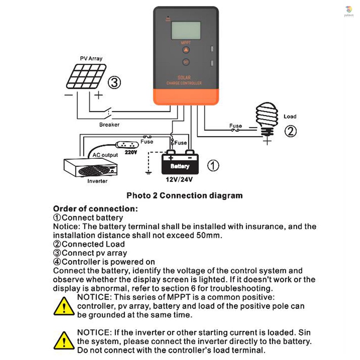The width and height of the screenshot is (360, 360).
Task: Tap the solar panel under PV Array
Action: click(x=86, y=76)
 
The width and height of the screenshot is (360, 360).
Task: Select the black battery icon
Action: click(x=180, y=163)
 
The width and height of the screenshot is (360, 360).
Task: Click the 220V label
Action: click(x=130, y=152)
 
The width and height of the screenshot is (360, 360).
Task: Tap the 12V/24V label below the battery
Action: click(x=180, y=180)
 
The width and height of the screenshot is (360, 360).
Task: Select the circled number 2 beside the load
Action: click(x=290, y=131)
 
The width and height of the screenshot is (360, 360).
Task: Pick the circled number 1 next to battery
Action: click(x=213, y=165)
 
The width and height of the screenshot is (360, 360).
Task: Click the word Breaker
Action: click(x=109, y=124)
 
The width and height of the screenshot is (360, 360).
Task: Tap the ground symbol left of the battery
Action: click(x=148, y=172)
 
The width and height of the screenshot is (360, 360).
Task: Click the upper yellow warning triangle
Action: click(x=64, y=306)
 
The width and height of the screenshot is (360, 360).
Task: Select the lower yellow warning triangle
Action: click(x=64, y=341)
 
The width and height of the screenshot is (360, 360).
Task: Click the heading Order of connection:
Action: click(x=95, y=208)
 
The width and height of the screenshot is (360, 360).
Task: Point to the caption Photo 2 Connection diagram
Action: click(x=184, y=195)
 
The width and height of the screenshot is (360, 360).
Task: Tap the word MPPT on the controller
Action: click(x=186, y=43)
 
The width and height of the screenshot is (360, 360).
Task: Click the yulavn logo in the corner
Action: click(x=348, y=11)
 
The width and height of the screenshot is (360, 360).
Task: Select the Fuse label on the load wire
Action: click(x=236, y=126)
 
